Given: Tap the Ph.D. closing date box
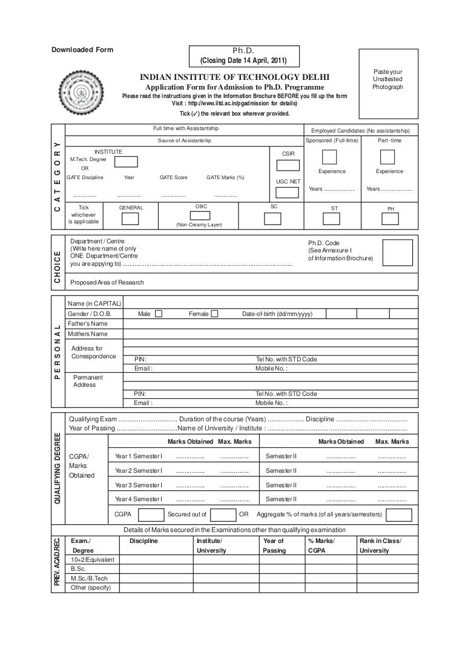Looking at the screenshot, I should point(243,56).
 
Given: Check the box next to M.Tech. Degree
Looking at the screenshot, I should point(127,162).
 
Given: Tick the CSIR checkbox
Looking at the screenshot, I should point(288,166).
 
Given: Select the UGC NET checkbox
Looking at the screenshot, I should point(288,192).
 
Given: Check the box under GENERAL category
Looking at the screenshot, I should point(130,219).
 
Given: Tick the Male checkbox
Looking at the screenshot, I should point(159,314).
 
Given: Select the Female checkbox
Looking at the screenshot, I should point(214,314).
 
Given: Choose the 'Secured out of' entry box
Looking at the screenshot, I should point(224,515).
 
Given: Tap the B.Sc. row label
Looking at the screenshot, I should point(79,569).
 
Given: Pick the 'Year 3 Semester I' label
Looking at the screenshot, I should point(139,485).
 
